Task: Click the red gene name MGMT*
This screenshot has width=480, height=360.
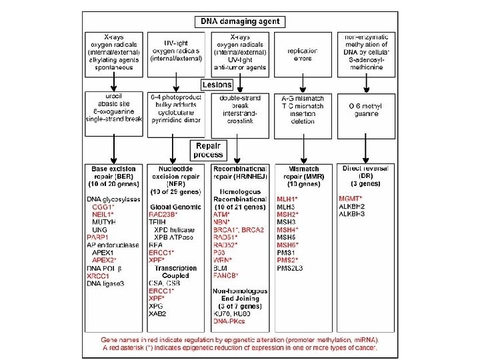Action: click(x=351, y=199)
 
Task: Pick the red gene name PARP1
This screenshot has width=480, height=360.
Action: click(x=97, y=237)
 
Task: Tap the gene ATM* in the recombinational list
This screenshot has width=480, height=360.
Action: click(x=222, y=214)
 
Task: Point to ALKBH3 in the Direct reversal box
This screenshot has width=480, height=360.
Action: click(x=354, y=214)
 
